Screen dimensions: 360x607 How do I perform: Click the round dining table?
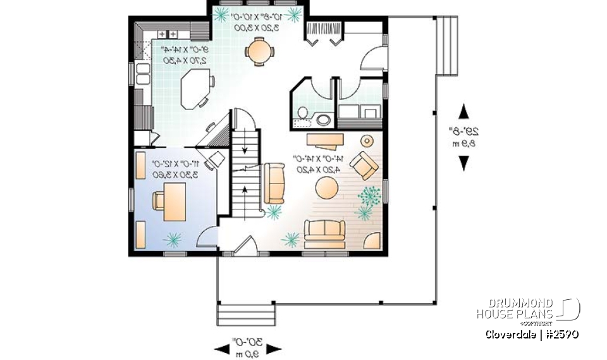click(257, 51)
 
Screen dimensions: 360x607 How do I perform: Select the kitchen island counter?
click(195, 89)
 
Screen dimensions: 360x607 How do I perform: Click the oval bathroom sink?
click(324, 120)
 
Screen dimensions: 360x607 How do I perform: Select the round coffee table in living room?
click(328, 187)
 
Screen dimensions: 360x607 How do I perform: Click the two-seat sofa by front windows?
click(324, 232)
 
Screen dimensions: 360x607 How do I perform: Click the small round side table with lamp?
click(366, 140)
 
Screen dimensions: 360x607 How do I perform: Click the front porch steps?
click(247, 315)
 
